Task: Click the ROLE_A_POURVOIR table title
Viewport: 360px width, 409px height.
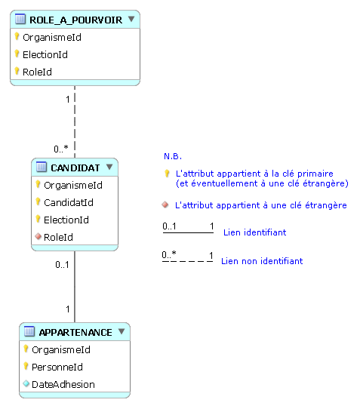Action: (75, 20)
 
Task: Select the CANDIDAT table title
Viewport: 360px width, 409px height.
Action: (75, 168)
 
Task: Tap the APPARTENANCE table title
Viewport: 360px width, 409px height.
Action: (75, 332)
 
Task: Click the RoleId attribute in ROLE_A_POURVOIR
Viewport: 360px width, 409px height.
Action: (37, 72)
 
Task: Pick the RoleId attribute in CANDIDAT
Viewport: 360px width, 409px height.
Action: (58, 237)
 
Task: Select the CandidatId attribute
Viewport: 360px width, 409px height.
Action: (69, 202)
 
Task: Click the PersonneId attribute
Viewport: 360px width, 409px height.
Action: (57, 367)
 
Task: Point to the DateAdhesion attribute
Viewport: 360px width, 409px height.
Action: (63, 384)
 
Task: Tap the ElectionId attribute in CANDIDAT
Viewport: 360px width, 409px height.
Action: (66, 220)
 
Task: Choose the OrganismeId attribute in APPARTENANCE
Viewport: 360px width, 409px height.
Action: (61, 350)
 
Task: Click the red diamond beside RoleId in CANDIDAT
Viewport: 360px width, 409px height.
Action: (38, 236)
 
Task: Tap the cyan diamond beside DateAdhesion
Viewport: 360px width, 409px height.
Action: (26, 383)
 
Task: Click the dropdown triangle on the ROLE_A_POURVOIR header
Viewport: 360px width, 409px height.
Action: (131, 19)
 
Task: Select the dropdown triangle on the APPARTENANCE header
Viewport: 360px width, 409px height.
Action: (122, 331)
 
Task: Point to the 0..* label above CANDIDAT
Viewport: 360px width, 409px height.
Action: (61, 149)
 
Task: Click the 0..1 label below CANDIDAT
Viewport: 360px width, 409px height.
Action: (62, 265)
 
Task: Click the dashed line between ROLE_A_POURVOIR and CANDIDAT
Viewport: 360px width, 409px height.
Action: (75, 121)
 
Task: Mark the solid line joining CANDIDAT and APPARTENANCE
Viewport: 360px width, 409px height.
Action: (75, 287)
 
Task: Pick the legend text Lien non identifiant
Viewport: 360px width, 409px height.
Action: (262, 261)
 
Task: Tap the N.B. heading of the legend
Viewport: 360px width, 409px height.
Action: (173, 156)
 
